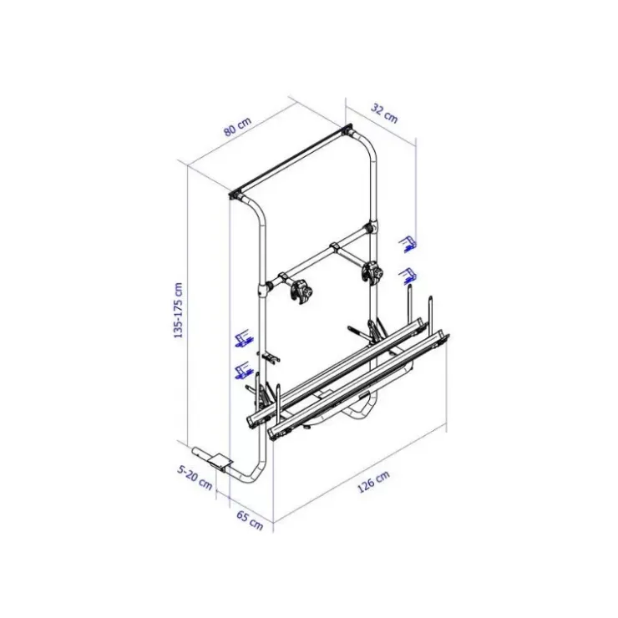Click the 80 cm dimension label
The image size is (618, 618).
pyautogui.click(x=237, y=126)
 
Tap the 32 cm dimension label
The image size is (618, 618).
pyautogui.click(x=384, y=113)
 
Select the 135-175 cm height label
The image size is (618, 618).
pyautogui.click(x=178, y=310)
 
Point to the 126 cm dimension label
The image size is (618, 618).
pyautogui.click(x=373, y=482)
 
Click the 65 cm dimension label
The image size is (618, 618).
pyautogui.click(x=250, y=520)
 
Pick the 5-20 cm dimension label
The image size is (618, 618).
pyautogui.click(x=195, y=478)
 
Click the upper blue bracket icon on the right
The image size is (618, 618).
pyautogui.click(x=408, y=244)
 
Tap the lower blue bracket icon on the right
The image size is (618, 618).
pyautogui.click(x=408, y=275)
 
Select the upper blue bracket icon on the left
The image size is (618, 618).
pyautogui.click(x=245, y=338)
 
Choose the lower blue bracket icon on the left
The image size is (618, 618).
pyautogui.click(x=245, y=371)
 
